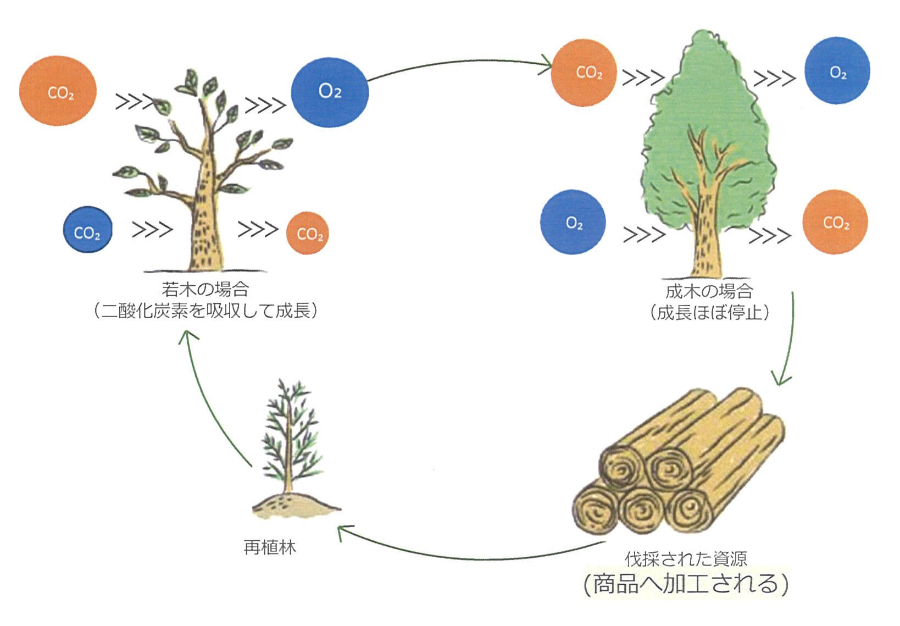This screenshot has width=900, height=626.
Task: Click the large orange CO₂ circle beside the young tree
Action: point(58,91)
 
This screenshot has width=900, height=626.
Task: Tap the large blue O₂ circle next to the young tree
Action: point(330,92)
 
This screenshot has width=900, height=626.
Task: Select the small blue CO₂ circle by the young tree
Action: point(87,230)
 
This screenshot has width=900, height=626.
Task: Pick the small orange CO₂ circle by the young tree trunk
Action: point(308,233)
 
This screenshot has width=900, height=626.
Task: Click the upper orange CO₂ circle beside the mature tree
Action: point(584,73)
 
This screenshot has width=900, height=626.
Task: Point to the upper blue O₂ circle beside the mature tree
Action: point(837,71)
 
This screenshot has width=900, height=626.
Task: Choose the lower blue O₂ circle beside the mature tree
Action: point(573,222)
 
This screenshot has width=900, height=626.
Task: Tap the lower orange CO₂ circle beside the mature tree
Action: point(835,222)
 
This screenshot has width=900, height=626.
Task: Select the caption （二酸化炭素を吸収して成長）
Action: point(205,311)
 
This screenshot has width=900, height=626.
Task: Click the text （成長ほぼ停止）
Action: point(709,313)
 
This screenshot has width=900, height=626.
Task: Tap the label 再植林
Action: point(269,547)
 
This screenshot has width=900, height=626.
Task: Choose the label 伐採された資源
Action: point(686,559)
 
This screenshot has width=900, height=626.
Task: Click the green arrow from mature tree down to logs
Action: point(789,341)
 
